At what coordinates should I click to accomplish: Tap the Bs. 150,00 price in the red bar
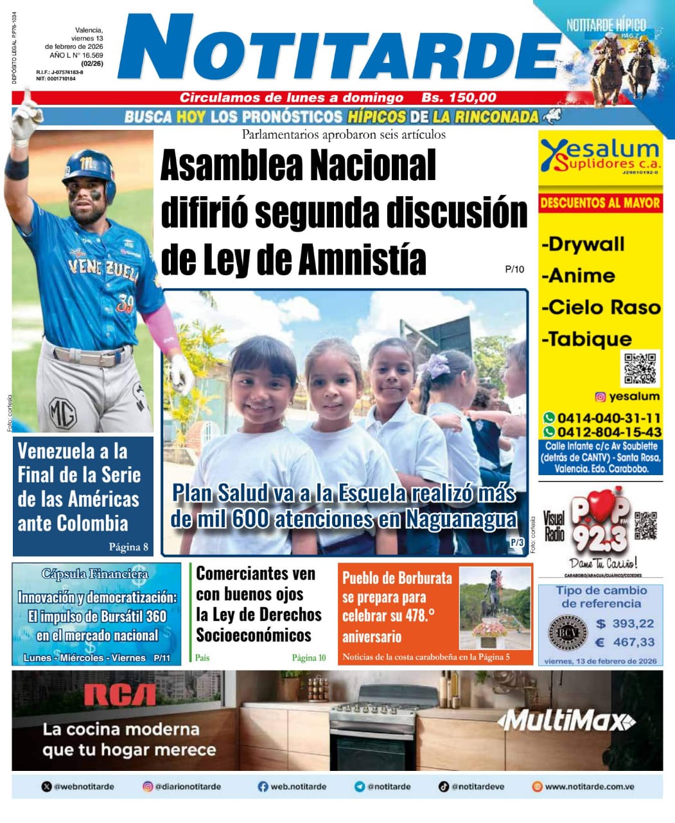click(x=459, y=98)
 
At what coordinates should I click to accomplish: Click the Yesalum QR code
click(x=640, y=368)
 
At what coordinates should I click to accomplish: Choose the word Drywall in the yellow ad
click(x=583, y=244)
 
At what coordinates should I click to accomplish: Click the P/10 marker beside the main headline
click(x=514, y=269)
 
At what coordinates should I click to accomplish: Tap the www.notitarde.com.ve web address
click(x=589, y=786)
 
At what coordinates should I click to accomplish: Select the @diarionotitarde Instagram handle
click(x=188, y=786)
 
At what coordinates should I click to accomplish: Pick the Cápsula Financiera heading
click(x=94, y=574)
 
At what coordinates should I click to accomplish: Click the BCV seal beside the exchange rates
click(x=567, y=633)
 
